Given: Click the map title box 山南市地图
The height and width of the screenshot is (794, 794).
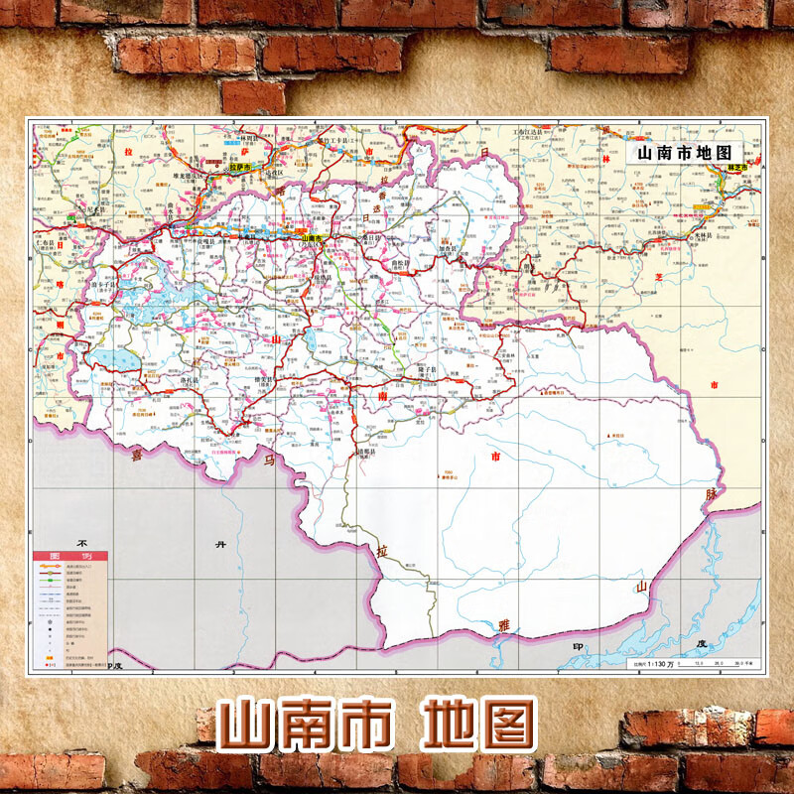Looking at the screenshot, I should (686, 153).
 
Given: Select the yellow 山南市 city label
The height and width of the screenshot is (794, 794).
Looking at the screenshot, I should (311, 238).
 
